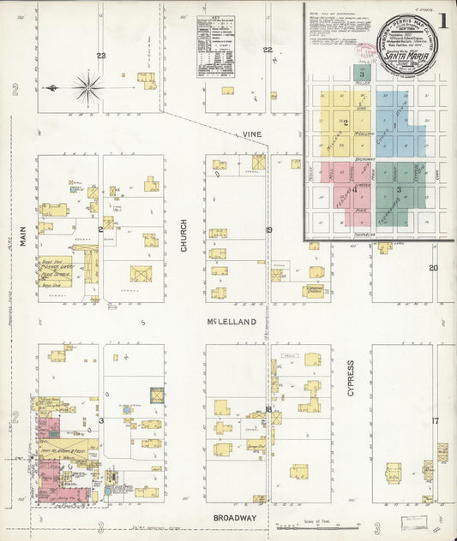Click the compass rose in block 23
(88, 86)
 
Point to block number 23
(101, 56)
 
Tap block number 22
(268, 51)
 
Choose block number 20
(434, 268)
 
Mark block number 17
(435, 420)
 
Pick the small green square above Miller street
(363, 73)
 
